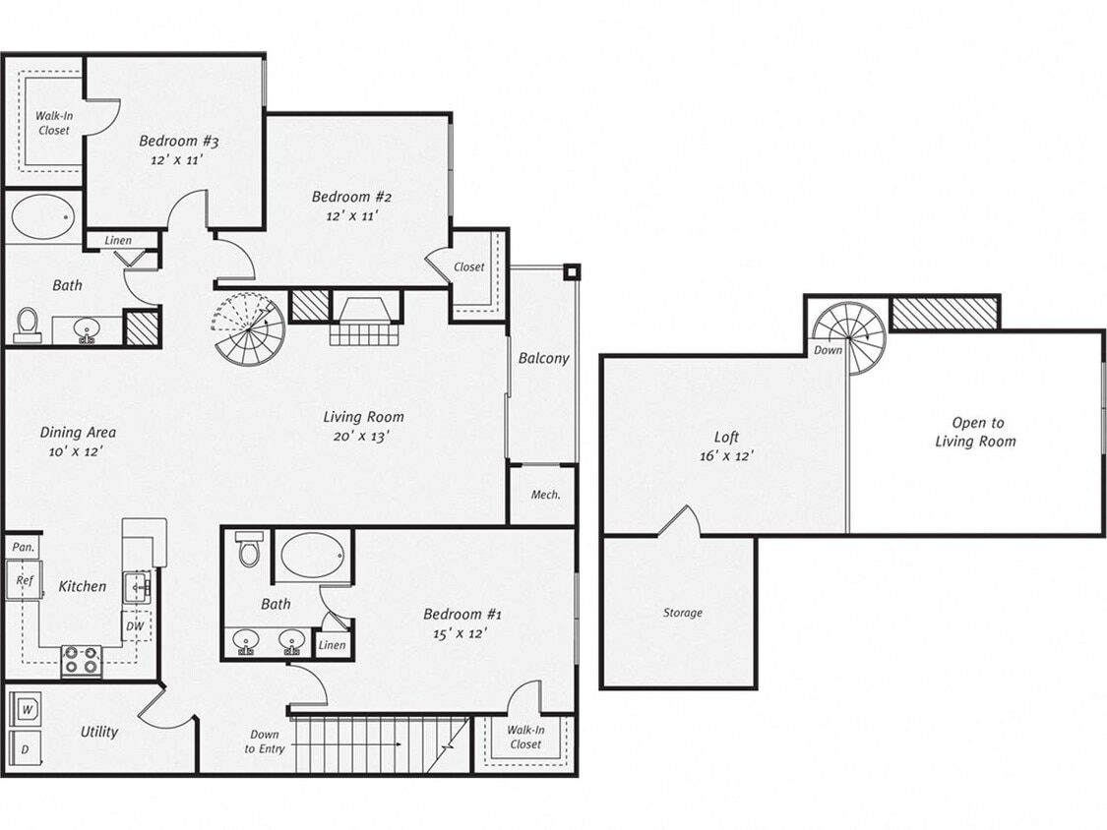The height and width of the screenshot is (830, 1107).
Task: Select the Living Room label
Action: [363, 417]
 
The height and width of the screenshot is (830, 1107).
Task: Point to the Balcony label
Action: [543, 358]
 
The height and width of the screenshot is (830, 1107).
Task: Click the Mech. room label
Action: [545, 495]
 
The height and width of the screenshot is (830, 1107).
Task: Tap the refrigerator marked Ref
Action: [24, 581]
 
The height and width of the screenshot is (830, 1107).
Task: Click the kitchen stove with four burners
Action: [81, 660]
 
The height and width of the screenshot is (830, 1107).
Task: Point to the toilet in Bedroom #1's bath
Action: [249, 551]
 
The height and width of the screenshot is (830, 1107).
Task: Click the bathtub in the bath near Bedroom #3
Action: [42, 216]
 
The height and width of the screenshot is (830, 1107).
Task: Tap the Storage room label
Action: [682, 613]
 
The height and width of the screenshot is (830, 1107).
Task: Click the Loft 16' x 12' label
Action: [726, 446]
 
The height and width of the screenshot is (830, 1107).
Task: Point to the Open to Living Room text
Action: [975, 432]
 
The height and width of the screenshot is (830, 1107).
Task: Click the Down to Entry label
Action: [264, 741]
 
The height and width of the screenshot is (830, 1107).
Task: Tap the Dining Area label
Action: [78, 441]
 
